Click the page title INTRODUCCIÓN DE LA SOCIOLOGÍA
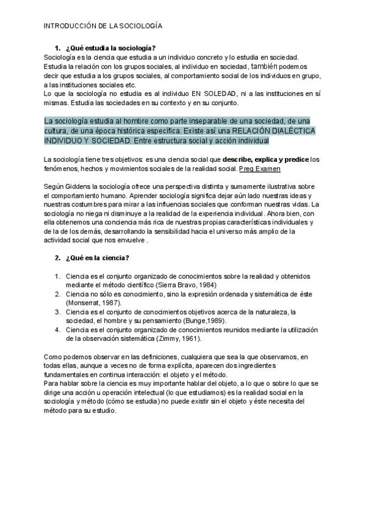pos(102,27)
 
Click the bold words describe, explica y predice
pos(260,159)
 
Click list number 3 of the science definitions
pos(57,311)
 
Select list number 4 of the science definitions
pos(57,329)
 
